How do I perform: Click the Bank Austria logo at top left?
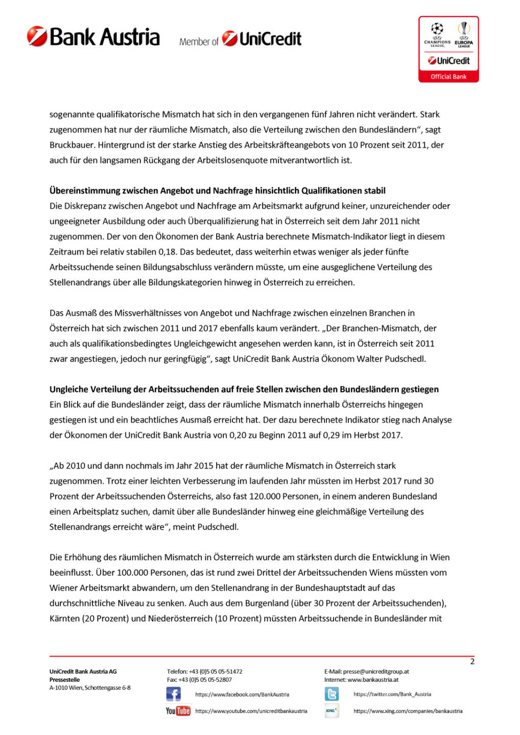93,37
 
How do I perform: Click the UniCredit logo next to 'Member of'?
262,39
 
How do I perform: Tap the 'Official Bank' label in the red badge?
448,77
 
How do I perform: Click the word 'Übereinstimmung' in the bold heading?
85,191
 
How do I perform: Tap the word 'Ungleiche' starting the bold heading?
68,389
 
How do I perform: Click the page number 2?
472,661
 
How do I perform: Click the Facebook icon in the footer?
173,694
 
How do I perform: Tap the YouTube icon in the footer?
178,711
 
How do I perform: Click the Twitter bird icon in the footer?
332,694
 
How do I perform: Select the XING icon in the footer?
332,710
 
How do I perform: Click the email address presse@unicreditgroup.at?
376,672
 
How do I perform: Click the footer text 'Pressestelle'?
64,680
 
